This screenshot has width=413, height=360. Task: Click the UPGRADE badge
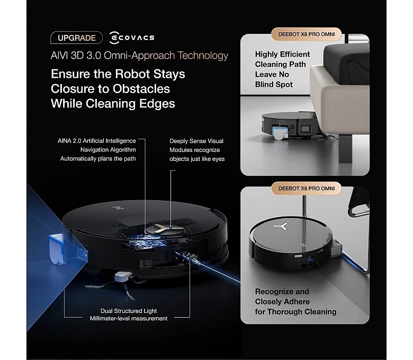[x=76, y=38]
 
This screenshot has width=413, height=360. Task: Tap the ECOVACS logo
[x=132, y=38]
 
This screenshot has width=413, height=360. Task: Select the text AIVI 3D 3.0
[x=76, y=56]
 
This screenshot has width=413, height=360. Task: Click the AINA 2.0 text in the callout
[x=69, y=141]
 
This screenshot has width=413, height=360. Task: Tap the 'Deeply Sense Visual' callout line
[x=196, y=141]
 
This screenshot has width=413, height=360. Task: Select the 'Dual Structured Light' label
[x=129, y=311]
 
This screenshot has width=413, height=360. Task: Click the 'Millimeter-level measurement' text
[x=129, y=318]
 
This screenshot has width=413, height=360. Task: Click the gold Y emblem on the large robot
[x=165, y=229]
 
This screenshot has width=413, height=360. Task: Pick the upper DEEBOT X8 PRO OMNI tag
[x=307, y=34]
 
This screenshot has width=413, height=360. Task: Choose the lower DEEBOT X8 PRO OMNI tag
[x=307, y=188]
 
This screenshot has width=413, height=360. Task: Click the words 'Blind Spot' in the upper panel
[x=274, y=85]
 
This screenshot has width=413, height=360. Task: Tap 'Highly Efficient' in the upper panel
[x=282, y=54]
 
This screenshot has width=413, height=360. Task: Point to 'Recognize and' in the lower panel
[x=282, y=292]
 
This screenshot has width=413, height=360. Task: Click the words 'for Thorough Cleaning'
[x=295, y=311]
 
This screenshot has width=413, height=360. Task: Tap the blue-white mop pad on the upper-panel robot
[x=279, y=133]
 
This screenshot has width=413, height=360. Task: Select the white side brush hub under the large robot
[x=123, y=276]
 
